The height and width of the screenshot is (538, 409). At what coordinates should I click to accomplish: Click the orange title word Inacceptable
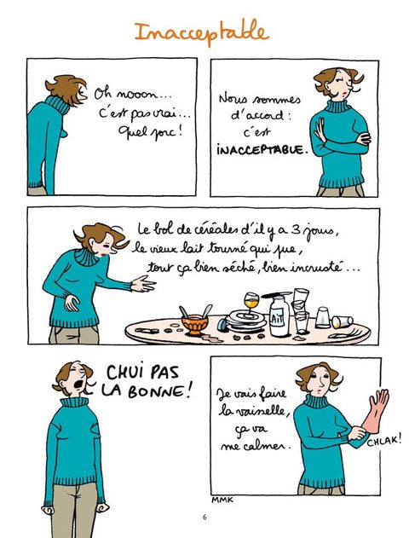pos(202,32)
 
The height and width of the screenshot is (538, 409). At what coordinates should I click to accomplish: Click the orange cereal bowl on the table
pos(195,324)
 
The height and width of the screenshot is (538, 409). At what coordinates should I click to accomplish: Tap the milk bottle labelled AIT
pos(279,315)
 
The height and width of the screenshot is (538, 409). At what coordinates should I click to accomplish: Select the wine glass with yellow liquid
pos(251,303)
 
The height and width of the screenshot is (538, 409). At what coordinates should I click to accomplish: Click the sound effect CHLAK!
pos(384,441)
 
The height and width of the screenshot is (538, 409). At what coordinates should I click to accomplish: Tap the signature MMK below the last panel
pos(222,500)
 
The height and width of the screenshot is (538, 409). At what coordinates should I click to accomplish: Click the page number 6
pos(204,517)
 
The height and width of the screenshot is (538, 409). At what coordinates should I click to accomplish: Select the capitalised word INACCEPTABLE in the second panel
pos(261,150)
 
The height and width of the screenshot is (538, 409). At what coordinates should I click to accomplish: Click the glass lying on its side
pos(342,321)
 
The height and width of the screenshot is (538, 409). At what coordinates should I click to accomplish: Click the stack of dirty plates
pos(245,320)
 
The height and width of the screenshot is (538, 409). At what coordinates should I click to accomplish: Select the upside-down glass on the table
pos(323,318)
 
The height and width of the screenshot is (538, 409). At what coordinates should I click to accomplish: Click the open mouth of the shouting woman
pos(79,384)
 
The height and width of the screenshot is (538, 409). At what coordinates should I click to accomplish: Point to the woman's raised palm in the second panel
pos(320,130)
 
